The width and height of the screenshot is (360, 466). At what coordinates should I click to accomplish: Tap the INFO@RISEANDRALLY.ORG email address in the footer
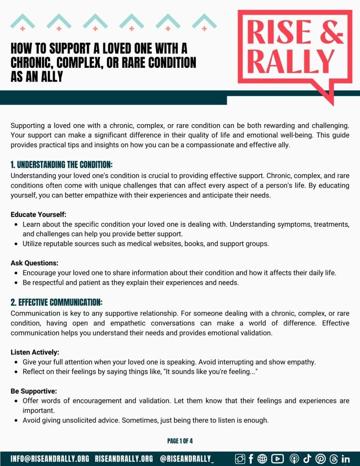click(50, 459)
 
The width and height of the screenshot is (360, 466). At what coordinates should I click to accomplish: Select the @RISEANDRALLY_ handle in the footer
click(187, 459)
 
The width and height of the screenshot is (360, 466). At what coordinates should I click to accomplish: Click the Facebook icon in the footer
click(251, 459)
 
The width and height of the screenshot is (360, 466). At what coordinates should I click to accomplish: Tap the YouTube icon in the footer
click(277, 459)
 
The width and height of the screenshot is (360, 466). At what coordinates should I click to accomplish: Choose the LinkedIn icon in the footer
click(345, 459)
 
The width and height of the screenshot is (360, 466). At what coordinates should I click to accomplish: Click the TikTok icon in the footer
click(307, 459)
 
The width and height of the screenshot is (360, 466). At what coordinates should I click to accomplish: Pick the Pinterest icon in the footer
click(320, 459)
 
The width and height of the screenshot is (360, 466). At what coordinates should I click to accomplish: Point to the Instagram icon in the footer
click(240, 459)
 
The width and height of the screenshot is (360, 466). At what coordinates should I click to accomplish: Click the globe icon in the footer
click(263, 459)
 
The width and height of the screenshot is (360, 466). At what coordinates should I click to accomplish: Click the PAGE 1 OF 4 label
click(180, 441)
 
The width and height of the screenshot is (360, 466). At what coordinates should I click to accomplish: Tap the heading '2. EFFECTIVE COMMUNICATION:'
click(56, 302)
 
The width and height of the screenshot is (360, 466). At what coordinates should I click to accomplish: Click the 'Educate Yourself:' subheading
click(39, 214)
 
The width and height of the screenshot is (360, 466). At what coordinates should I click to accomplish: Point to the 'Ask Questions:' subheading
click(35, 263)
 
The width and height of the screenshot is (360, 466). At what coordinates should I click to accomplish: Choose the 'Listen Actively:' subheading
click(35, 352)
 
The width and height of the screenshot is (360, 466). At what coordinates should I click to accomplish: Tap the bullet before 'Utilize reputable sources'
click(17, 244)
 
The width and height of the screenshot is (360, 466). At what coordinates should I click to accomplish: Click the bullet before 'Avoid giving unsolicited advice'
click(17, 420)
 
